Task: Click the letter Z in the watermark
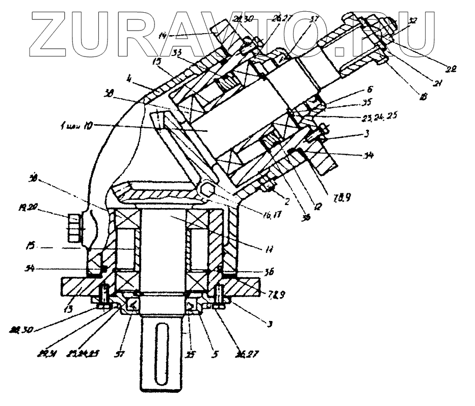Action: [51, 34]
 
